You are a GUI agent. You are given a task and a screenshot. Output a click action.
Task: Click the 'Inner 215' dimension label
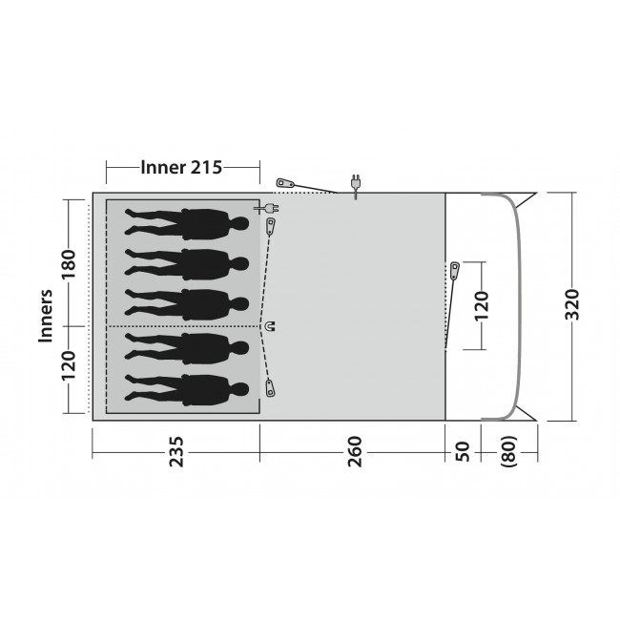(x=181, y=167)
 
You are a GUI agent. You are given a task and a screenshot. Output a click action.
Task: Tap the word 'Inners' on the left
(x=46, y=316)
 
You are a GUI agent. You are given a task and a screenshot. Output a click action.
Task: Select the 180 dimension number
(x=68, y=263)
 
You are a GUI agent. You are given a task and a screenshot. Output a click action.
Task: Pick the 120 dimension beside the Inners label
(x=68, y=365)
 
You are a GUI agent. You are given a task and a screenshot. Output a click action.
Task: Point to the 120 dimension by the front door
(x=481, y=305)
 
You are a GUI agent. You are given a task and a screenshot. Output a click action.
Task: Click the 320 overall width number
(x=571, y=304)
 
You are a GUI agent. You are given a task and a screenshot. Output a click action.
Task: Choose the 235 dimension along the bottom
(x=176, y=451)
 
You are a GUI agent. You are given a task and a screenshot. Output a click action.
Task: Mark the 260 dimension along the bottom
(x=355, y=451)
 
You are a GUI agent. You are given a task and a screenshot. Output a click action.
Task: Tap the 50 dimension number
(x=463, y=451)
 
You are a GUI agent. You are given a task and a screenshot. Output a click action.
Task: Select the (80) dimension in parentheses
(x=509, y=451)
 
